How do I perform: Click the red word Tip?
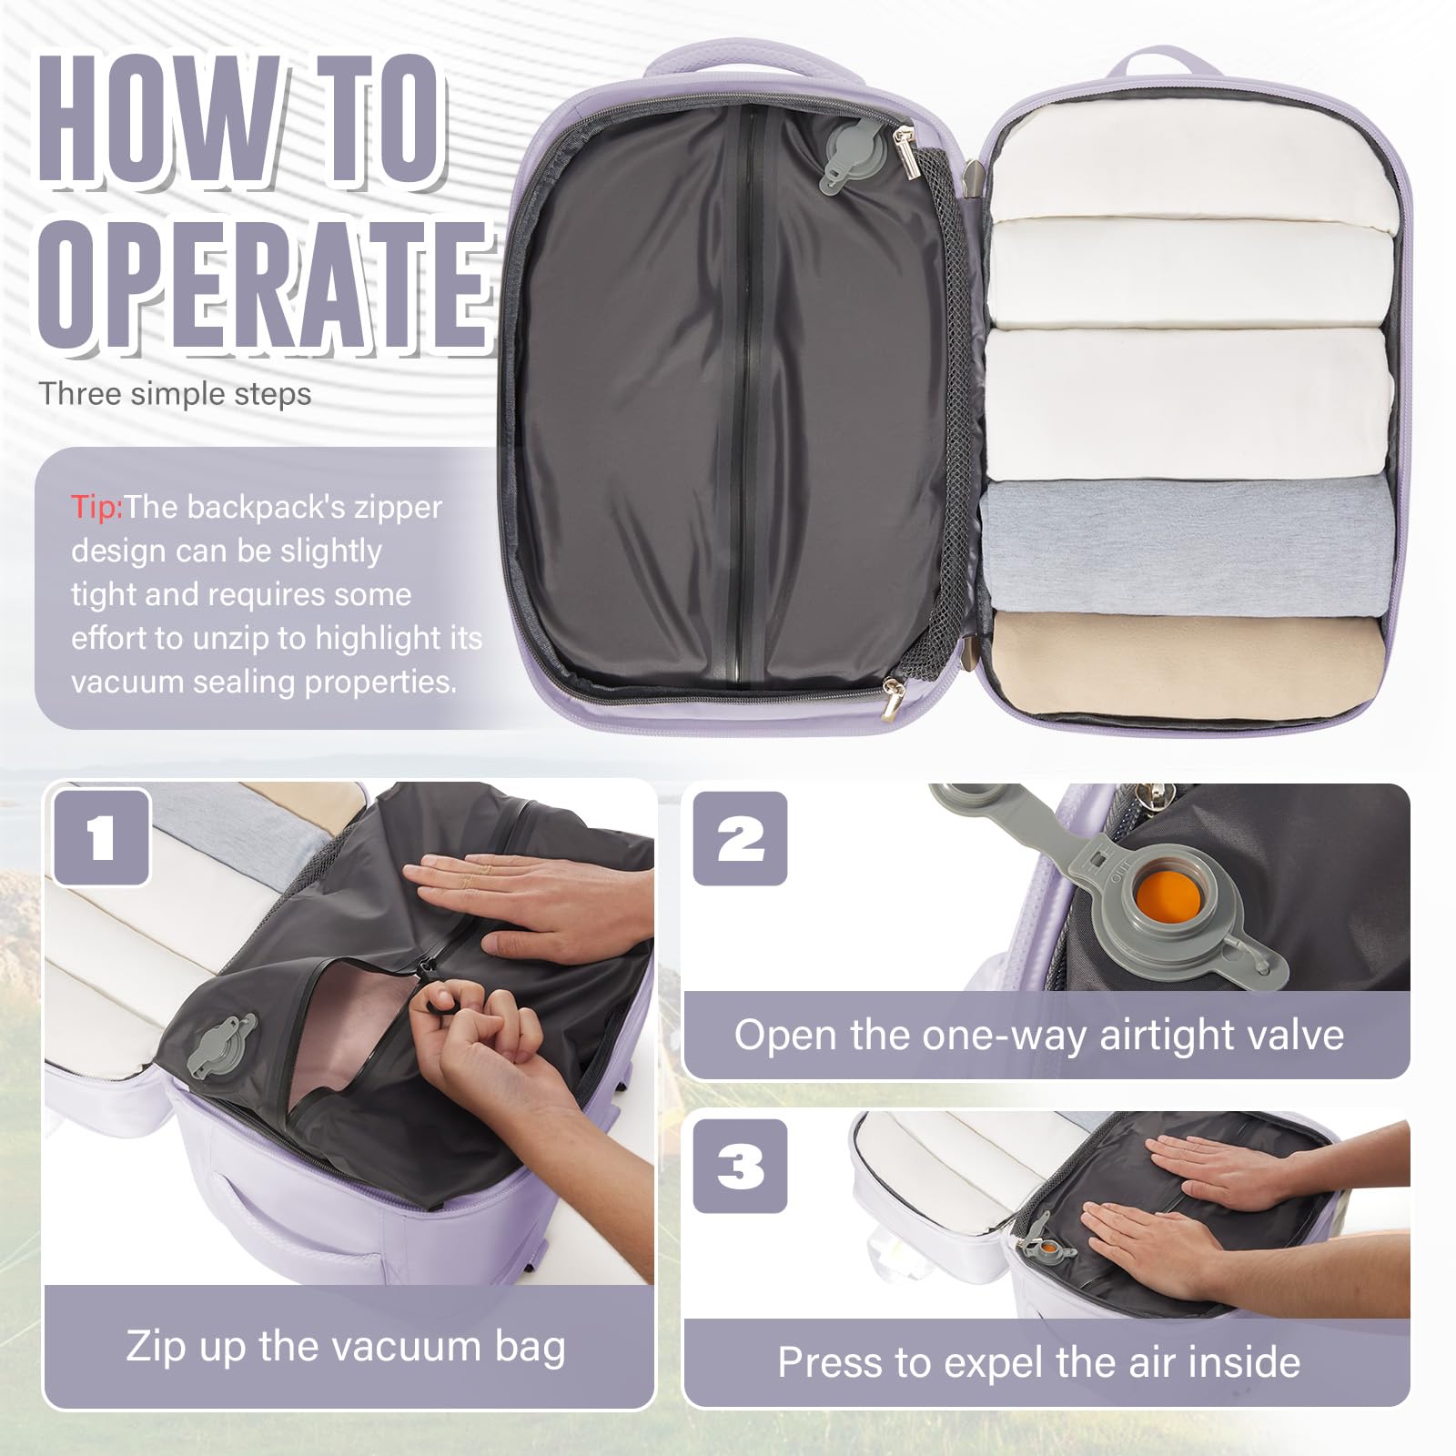(x=96, y=507)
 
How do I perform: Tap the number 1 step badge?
(x=101, y=837)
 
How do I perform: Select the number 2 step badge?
(x=740, y=838)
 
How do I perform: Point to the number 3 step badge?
(x=740, y=1166)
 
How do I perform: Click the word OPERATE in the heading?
(x=264, y=287)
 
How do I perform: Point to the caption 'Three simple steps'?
(x=175, y=394)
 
